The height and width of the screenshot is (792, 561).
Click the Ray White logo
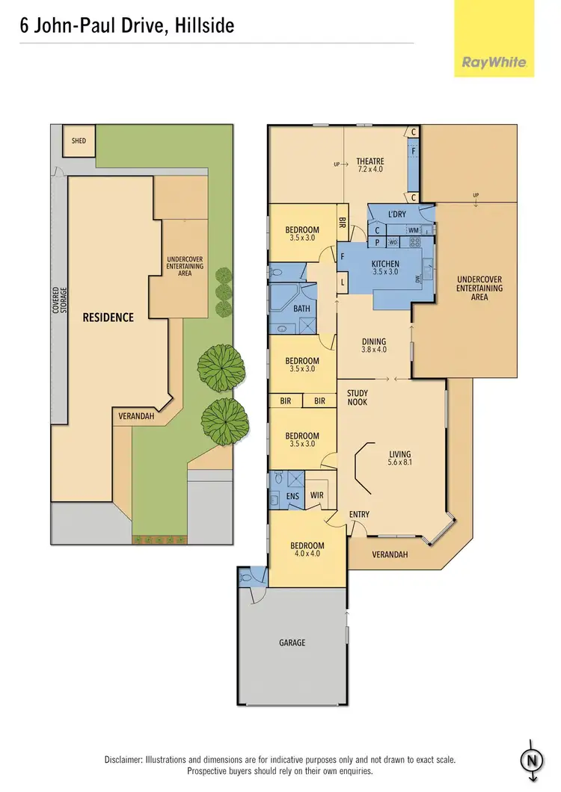[x=494, y=64]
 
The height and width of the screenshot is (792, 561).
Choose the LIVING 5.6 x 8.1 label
[x=399, y=458]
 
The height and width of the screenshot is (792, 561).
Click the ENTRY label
[x=359, y=514]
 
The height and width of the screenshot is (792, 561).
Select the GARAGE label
[x=292, y=642]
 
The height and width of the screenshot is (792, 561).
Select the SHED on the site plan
[x=79, y=140]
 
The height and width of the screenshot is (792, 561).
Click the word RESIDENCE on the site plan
[x=108, y=318]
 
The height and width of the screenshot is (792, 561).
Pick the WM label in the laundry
[x=413, y=230]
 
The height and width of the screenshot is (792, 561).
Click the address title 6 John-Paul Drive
[x=127, y=26]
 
